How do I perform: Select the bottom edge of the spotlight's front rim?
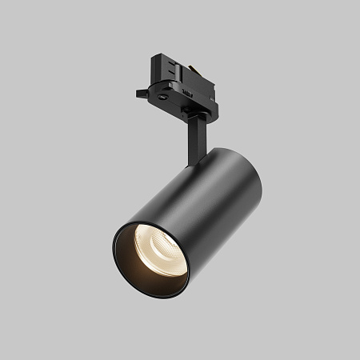coord(160,295)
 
